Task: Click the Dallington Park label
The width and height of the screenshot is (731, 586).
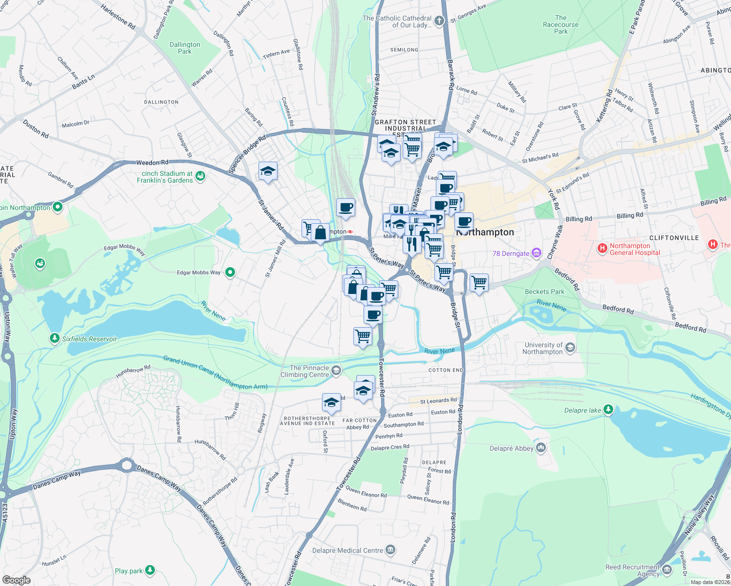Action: (x=185, y=48)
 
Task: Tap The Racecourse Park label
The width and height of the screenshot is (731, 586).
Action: (x=560, y=24)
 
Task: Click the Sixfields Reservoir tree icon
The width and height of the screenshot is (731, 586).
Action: (x=54, y=338)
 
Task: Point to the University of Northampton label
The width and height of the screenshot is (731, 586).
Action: (x=542, y=348)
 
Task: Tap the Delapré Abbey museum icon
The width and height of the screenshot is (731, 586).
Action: (x=541, y=448)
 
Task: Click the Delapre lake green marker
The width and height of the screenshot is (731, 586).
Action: (x=608, y=409)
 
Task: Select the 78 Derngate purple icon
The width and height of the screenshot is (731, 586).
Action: (x=537, y=253)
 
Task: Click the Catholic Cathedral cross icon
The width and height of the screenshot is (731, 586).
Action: (x=439, y=21)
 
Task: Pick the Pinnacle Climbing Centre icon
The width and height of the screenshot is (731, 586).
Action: (x=336, y=371)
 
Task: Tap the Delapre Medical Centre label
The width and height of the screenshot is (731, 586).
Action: (x=347, y=550)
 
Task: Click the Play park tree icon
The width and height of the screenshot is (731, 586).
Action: (x=150, y=570)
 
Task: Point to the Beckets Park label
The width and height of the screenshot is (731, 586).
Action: (x=544, y=292)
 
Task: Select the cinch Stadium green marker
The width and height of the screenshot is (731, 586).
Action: (x=200, y=176)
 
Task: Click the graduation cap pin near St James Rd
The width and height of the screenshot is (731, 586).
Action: (x=268, y=171)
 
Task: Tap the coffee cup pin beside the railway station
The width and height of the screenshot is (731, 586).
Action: (x=345, y=207)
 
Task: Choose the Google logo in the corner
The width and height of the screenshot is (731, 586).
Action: (x=16, y=580)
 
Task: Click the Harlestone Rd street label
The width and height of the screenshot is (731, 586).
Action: (x=118, y=17)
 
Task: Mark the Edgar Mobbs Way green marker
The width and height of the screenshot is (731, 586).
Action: (x=230, y=272)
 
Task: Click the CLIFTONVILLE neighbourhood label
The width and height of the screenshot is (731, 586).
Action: (x=674, y=238)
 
